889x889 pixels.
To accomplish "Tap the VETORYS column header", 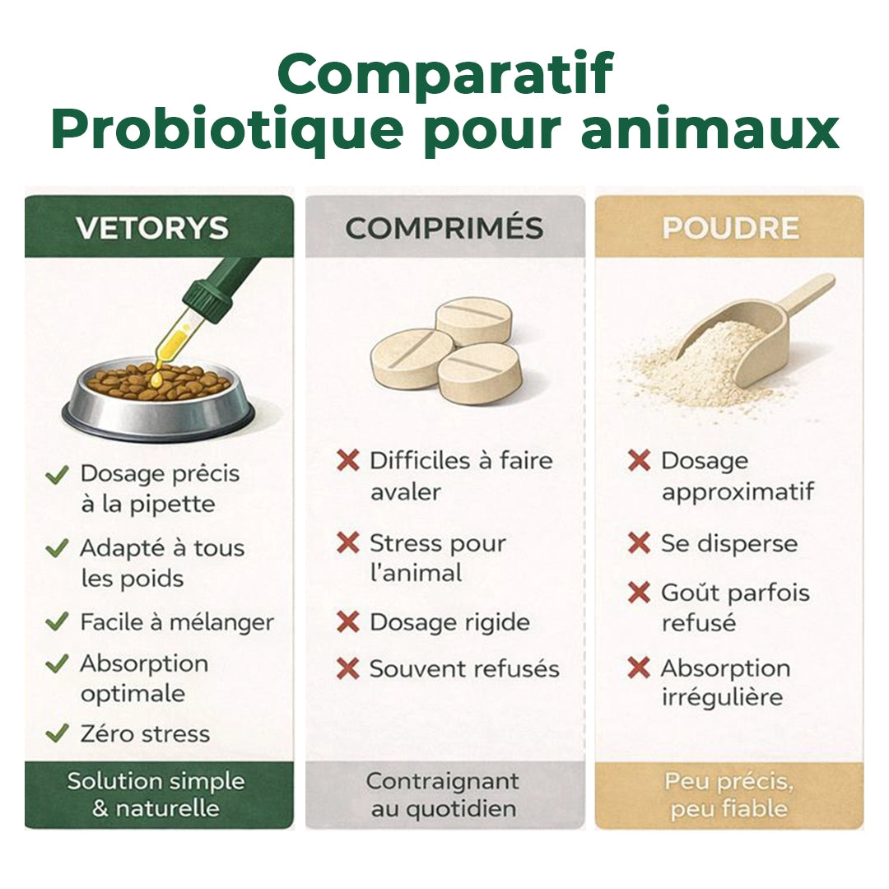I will [152, 228].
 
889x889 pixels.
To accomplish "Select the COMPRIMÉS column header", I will [444, 228].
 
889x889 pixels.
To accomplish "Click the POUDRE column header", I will [730, 228].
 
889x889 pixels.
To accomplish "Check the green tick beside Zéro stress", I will [57, 733].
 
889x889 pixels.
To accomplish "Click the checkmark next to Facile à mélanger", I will [57, 622].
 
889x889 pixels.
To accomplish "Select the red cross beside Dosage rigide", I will [348, 621].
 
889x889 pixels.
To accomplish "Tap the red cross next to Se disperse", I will [639, 543].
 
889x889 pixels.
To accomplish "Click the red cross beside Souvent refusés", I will [348, 669].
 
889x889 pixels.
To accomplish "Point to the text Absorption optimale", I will [143, 678].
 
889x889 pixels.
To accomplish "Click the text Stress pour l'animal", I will [436, 557].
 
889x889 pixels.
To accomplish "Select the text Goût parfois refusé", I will [734, 607].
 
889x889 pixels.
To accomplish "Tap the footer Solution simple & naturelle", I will [156, 794].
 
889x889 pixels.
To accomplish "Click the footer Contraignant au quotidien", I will [443, 794].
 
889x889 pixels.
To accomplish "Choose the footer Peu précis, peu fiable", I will [729, 794].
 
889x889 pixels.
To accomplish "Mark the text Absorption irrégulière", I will [724, 682].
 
